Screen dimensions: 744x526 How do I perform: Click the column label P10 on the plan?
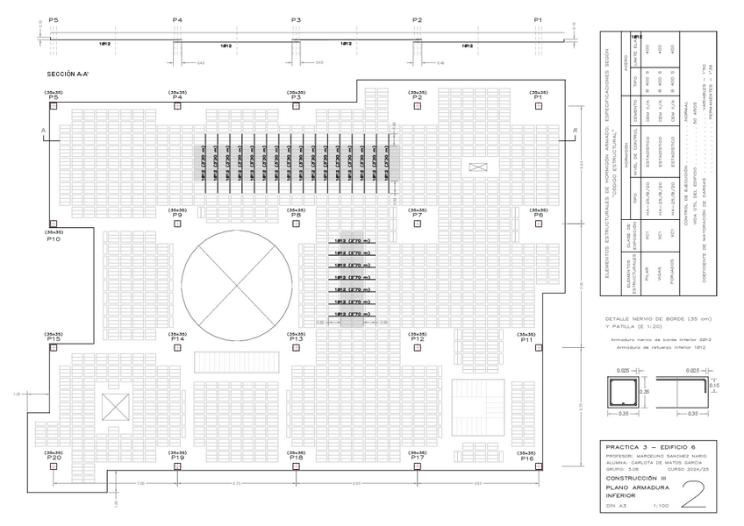point(54,239)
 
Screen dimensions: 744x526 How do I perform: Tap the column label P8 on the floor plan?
point(297,215)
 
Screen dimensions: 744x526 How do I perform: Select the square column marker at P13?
point(297,346)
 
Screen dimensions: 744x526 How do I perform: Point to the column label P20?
point(54,458)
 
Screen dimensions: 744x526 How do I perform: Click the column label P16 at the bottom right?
point(526,458)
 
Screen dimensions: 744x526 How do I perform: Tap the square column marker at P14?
point(177,346)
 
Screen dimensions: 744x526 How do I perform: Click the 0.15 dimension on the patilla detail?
point(714,386)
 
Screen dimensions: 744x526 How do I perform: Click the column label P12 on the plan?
point(417,338)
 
